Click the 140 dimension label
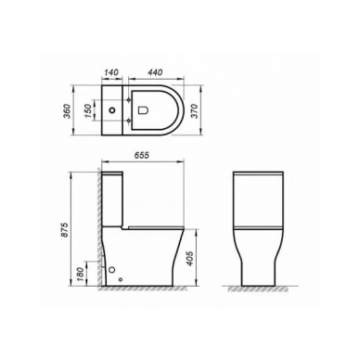(110, 72)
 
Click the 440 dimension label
(155, 72)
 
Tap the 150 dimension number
(88, 110)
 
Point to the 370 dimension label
(194, 111)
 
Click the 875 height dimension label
(65, 230)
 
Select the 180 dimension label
(80, 274)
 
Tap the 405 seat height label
(191, 258)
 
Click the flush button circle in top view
(112, 109)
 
